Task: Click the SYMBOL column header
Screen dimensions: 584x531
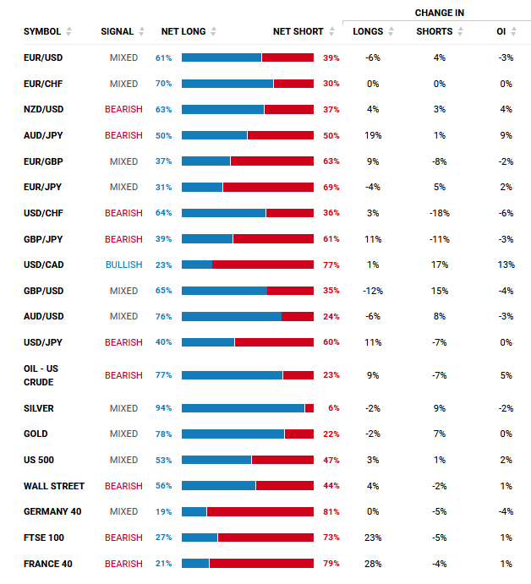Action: pyautogui.click(x=41, y=31)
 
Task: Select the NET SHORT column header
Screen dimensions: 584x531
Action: pyautogui.click(x=298, y=31)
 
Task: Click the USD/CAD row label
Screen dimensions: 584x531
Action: pyautogui.click(x=43, y=265)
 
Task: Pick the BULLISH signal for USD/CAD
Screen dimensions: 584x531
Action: pyautogui.click(x=123, y=265)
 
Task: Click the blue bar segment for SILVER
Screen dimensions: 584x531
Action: pyautogui.click(x=243, y=408)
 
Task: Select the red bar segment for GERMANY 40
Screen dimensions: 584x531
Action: pyautogui.click(x=260, y=511)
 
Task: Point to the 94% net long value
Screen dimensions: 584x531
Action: pyautogui.click(x=163, y=408)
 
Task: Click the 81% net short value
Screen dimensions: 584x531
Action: pyautogui.click(x=331, y=511)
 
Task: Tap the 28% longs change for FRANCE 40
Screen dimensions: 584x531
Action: pyautogui.click(x=373, y=564)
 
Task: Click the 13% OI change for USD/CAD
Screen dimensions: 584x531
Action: pyautogui.click(x=506, y=265)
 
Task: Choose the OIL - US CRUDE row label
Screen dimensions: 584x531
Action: pyautogui.click(x=41, y=375)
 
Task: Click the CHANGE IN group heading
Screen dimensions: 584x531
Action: pyautogui.click(x=439, y=13)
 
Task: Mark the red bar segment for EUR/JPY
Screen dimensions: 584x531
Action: pyautogui.click(x=268, y=187)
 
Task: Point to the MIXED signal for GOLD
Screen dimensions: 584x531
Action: pyautogui.click(x=123, y=434)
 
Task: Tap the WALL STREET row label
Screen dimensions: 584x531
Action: pyautogui.click(x=54, y=486)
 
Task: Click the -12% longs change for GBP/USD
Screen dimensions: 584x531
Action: pyautogui.click(x=373, y=291)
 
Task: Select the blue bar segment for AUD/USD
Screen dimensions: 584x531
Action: pyautogui.click(x=232, y=316)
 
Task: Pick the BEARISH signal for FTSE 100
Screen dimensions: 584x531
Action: pyautogui.click(x=123, y=538)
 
